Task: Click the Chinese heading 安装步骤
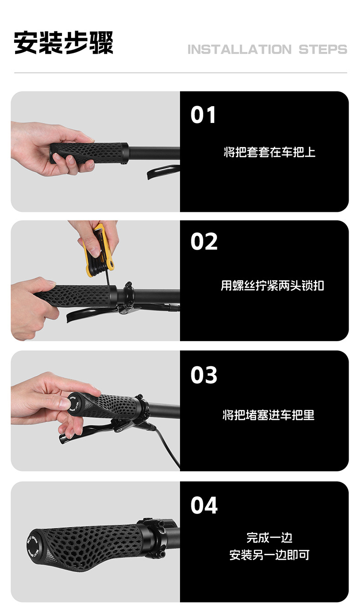[x=63, y=42]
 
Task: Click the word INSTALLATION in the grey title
[x=239, y=50]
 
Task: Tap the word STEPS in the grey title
[x=323, y=50]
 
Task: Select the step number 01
[x=203, y=115]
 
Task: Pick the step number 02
[x=204, y=241]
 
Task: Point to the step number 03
[x=204, y=375]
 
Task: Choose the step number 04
[x=204, y=506]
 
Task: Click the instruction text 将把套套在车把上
[x=269, y=152]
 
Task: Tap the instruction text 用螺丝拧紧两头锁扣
[x=272, y=285]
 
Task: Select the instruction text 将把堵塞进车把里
[x=268, y=415]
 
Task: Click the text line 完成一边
[x=269, y=537]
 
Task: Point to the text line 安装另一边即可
[x=269, y=555]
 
